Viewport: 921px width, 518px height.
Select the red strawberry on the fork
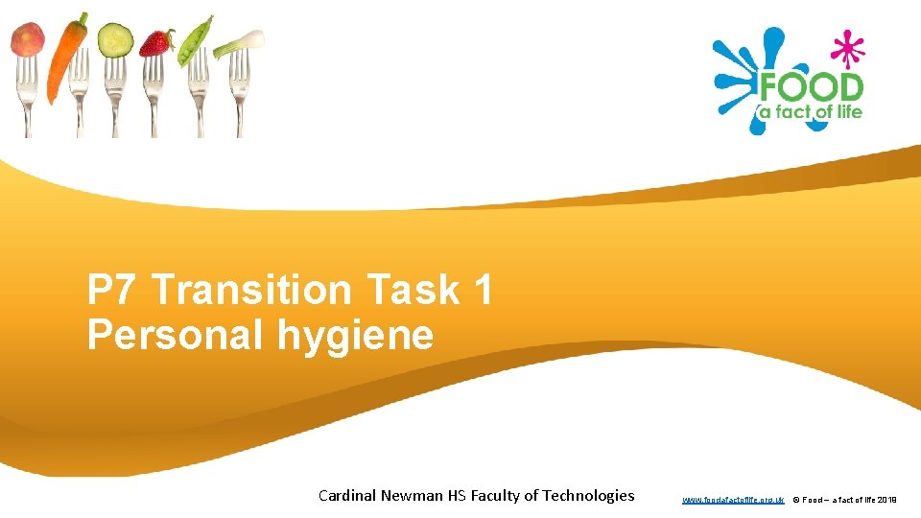click(x=156, y=42)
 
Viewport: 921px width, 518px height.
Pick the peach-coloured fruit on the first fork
click(x=28, y=40)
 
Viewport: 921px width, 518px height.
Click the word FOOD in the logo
click(x=811, y=88)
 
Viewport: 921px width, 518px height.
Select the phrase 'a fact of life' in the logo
click(x=811, y=111)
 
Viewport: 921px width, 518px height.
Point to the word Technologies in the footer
click(x=588, y=495)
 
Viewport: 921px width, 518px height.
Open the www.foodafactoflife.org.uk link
click(x=733, y=500)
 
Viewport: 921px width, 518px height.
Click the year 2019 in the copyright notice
click(x=886, y=500)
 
